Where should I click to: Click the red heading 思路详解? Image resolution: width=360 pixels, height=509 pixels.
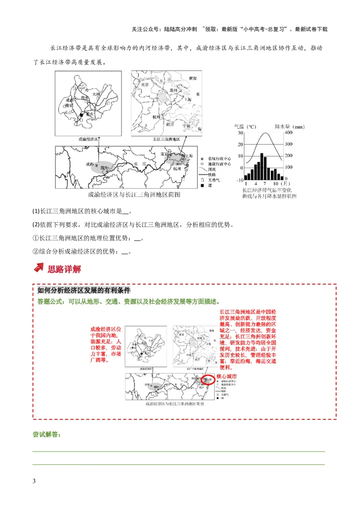point(64,269)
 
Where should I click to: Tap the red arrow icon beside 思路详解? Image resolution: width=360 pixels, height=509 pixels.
point(39,268)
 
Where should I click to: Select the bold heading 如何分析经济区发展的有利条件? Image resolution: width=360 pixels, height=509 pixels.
point(84,290)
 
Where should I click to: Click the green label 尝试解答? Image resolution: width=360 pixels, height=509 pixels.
point(47,435)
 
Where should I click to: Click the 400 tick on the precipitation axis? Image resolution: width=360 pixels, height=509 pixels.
point(288,133)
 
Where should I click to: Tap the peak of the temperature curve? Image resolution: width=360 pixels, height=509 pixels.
point(263,134)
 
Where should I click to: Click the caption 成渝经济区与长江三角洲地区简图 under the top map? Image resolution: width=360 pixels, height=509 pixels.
point(134,195)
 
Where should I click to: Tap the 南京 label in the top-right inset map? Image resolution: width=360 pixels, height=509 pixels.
point(144,84)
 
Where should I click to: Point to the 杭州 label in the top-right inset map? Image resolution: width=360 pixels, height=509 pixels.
point(156,117)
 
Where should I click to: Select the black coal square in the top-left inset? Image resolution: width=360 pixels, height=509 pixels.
point(81,115)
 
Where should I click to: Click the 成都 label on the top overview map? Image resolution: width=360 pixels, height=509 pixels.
point(90,164)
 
